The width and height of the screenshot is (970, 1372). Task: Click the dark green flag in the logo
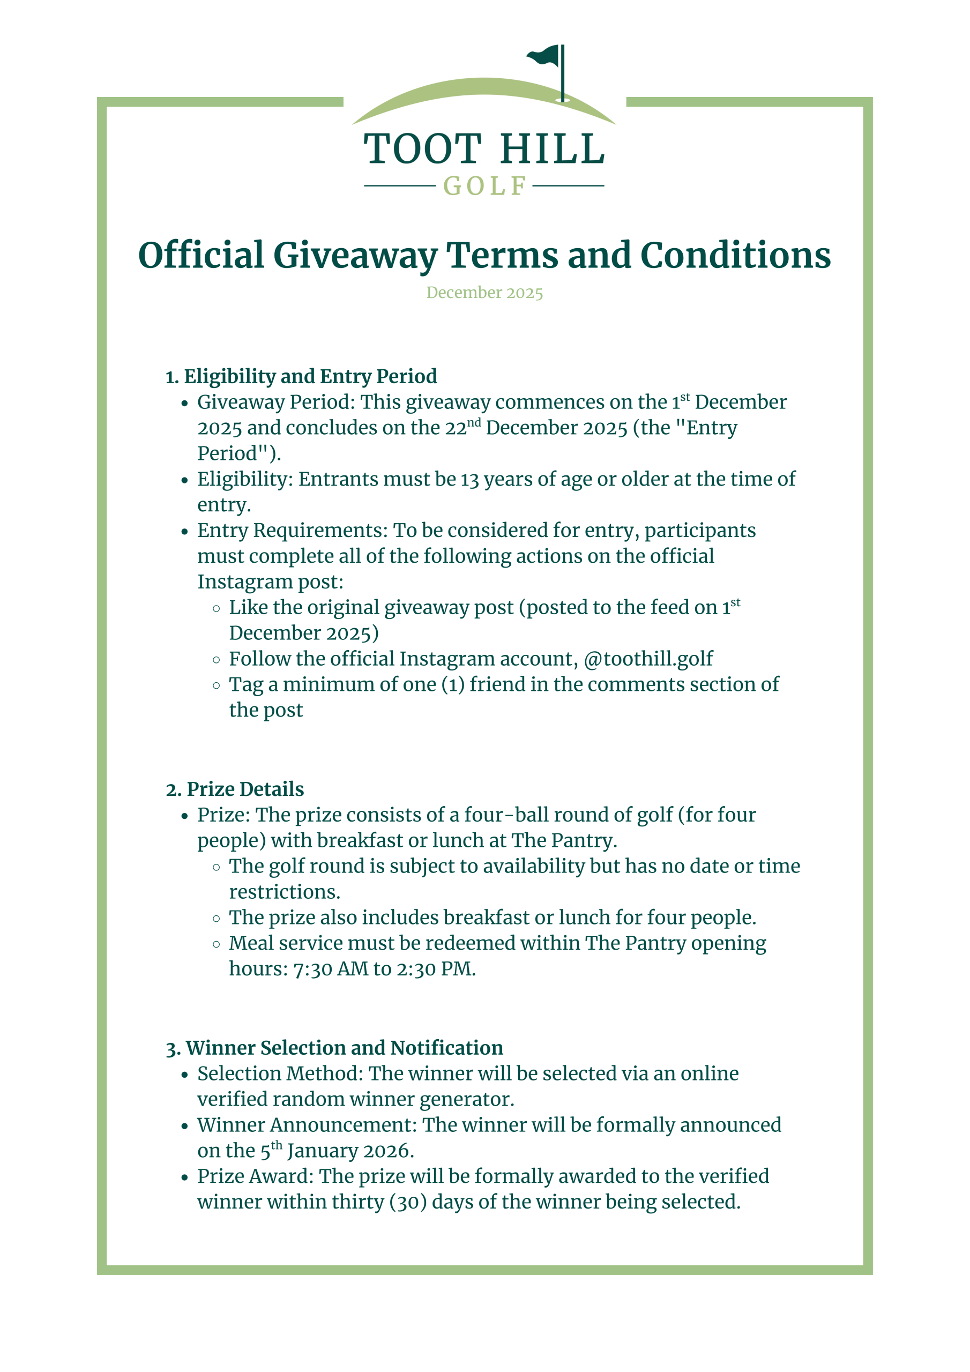544,56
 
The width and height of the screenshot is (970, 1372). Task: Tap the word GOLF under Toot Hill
484,187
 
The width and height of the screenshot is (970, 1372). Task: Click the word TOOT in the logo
422,149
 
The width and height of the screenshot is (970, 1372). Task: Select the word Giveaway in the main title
355,256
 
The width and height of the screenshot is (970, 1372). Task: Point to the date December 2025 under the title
484,293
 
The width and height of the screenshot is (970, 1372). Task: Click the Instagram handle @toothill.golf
648,659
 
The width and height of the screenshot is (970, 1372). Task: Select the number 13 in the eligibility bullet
469,480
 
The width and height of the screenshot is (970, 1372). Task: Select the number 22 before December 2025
456,428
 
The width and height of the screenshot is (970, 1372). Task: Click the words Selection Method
280,1074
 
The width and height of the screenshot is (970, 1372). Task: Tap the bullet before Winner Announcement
185,1127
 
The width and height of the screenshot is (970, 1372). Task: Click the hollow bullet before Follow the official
217,660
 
